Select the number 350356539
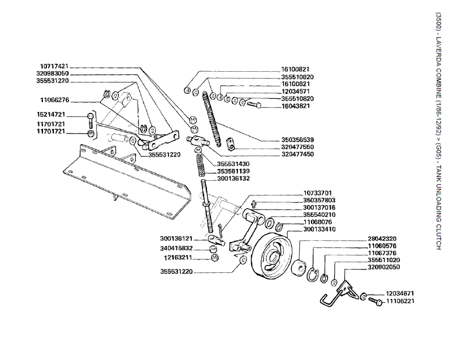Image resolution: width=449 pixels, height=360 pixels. coord(297,140)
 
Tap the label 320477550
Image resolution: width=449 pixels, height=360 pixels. coord(297,147)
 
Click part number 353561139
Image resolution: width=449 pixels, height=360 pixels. coord(234,171)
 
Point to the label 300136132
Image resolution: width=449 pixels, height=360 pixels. coord(234,179)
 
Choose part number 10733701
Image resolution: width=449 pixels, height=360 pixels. coord(317,193)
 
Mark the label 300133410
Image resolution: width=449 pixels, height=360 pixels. coord(320,229)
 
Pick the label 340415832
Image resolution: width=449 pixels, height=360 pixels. coord(176,248)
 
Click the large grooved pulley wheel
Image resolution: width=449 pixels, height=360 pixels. coord(271,258)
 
